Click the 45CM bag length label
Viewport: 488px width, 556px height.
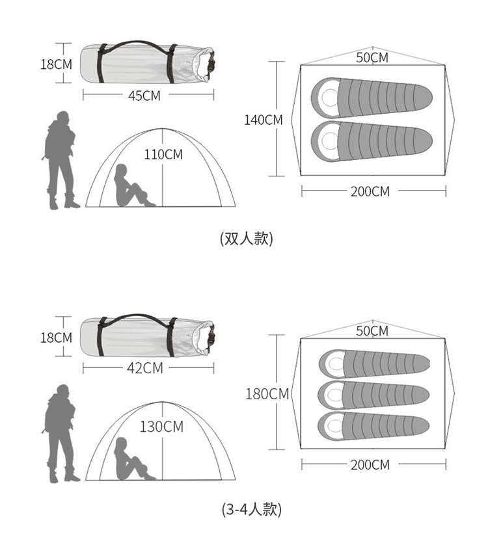[144, 96]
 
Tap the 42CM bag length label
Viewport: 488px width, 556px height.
[145, 369]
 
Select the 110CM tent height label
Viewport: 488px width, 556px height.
[163, 155]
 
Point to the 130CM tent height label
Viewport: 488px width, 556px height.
[161, 427]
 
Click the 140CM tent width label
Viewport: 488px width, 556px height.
[264, 120]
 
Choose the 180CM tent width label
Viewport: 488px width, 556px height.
[267, 394]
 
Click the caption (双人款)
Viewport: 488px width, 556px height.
[247, 239]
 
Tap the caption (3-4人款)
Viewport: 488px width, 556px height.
[252, 510]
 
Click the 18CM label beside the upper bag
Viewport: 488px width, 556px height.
[56, 64]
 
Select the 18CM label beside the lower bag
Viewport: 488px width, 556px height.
[56, 338]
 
